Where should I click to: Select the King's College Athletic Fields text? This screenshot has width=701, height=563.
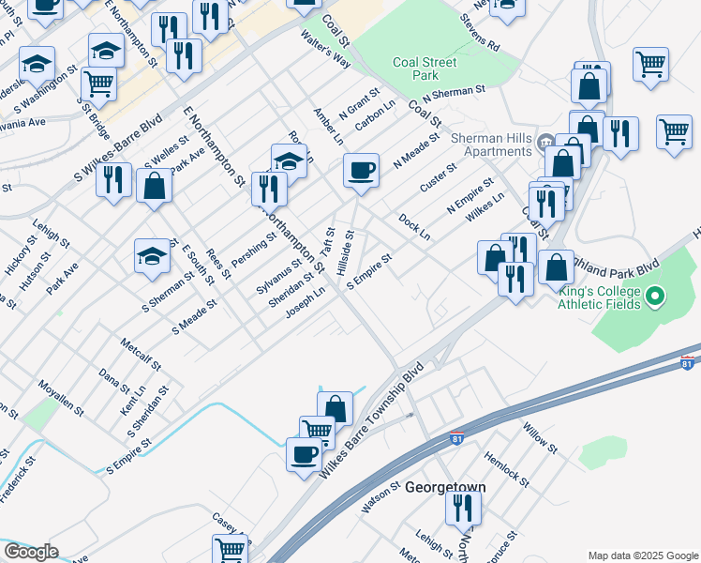click(600, 298)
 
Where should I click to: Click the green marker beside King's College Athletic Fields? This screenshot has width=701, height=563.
click(656, 298)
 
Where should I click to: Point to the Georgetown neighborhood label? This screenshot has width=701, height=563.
click(445, 488)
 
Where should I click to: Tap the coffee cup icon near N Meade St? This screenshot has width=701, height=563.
click(361, 171)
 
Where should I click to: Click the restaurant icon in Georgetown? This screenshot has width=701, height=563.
click(463, 508)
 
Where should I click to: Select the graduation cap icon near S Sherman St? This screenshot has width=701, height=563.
click(152, 256)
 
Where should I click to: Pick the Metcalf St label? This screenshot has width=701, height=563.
click(141, 353)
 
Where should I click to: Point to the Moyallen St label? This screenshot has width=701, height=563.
click(61, 399)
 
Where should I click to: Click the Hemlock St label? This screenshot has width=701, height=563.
click(507, 469)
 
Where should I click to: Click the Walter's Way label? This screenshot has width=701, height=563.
click(324, 49)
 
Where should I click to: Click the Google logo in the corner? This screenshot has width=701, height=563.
click(30, 552)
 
